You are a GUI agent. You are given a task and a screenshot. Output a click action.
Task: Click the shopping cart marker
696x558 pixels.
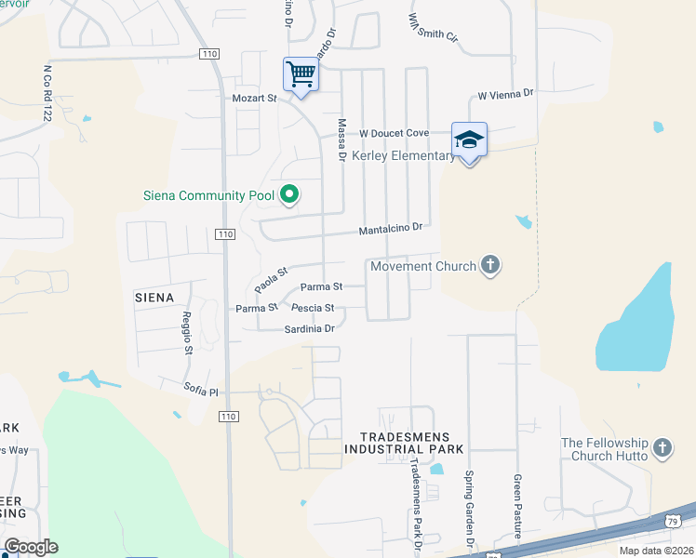301,73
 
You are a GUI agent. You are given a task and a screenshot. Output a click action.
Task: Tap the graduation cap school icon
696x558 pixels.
469,139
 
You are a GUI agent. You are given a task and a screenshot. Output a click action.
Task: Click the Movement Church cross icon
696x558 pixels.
490,266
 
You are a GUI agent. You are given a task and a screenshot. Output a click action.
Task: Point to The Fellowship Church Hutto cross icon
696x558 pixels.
663,448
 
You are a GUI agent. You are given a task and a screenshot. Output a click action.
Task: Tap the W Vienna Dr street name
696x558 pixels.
505,94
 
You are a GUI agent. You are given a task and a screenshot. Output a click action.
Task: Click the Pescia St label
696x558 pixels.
313,308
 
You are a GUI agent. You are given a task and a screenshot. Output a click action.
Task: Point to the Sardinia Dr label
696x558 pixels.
310,328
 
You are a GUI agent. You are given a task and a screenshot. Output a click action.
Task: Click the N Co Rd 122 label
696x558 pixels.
47,93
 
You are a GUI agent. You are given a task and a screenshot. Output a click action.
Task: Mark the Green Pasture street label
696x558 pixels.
517,506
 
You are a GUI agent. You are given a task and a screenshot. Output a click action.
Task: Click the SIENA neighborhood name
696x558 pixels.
154,298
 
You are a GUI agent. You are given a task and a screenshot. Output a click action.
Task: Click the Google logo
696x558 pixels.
31,547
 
